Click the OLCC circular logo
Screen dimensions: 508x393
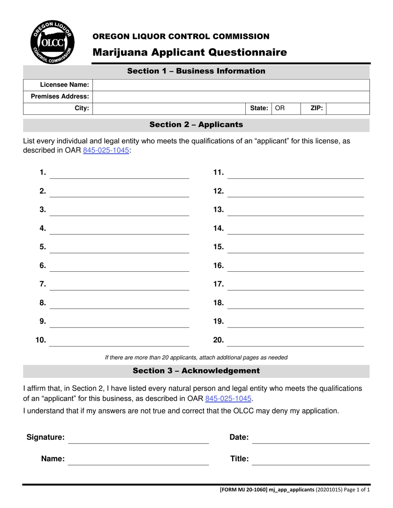[52, 43]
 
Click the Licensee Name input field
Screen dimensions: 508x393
[231, 85]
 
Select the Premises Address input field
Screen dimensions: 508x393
[231, 97]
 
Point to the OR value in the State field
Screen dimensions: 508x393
[280, 109]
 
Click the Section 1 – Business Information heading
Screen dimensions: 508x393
[196, 71]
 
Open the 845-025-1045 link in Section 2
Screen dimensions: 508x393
[106, 151]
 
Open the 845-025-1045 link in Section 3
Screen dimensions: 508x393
[228, 399]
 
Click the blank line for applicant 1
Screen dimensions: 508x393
[119, 174]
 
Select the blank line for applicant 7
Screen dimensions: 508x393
[119, 285]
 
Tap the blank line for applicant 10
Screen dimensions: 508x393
[119, 341]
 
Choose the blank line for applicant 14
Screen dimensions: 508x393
[296, 230]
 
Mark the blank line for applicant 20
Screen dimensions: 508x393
[296, 341]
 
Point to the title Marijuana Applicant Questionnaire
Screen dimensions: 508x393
[189, 52]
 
